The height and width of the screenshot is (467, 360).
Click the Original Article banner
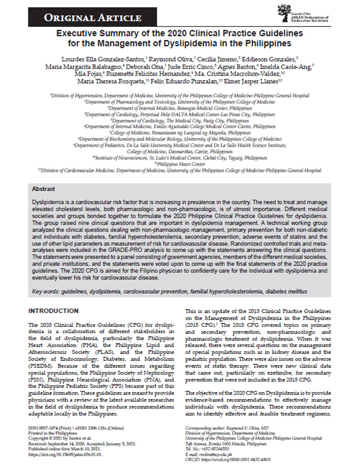point(92,18)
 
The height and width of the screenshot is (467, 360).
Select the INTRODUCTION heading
point(53,311)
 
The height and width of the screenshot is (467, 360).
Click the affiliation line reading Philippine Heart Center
point(180,164)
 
